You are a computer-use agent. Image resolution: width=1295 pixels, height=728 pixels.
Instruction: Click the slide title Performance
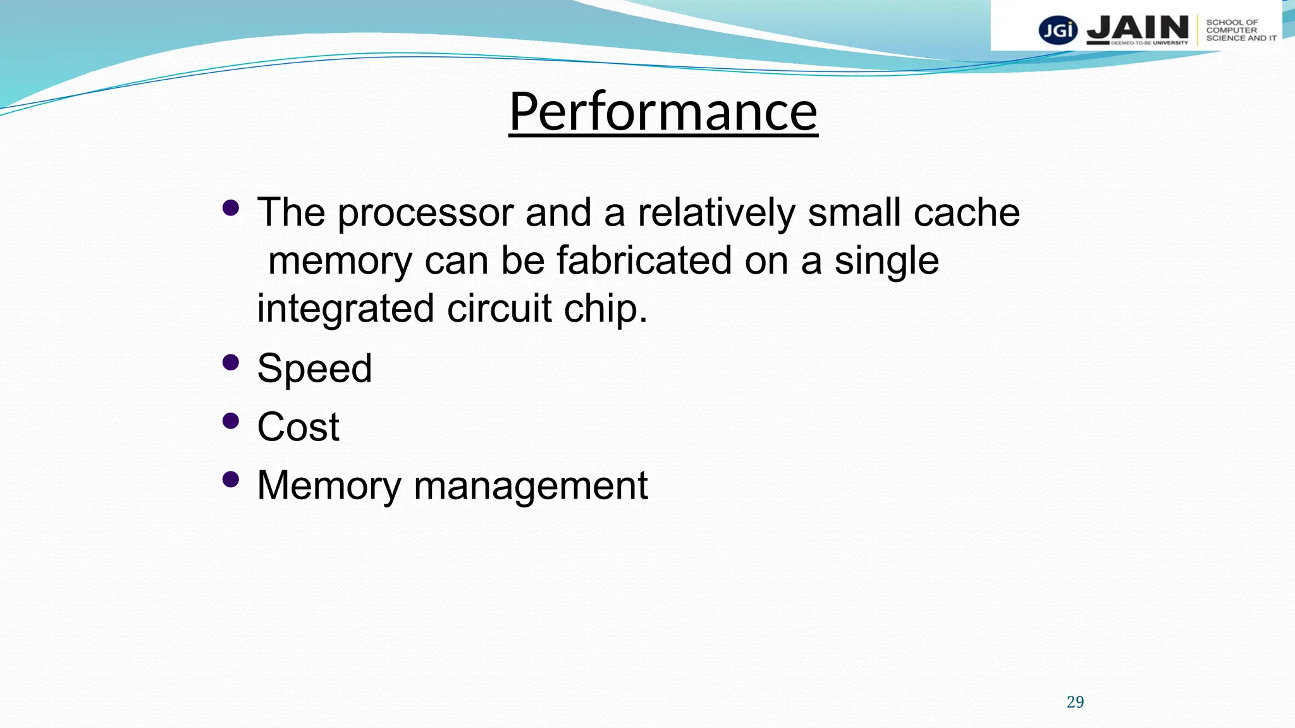[663, 112]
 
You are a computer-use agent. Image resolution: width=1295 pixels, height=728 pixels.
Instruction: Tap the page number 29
[1075, 702]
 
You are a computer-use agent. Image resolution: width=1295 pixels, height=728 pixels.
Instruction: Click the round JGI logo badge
[1058, 30]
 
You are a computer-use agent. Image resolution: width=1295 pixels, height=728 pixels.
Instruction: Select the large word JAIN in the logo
[1138, 28]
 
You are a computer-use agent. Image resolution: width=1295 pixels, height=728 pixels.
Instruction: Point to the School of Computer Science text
[1241, 30]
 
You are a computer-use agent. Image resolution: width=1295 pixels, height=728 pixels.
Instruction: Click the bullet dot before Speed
[231, 362]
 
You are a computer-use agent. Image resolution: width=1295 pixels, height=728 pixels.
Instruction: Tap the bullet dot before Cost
[231, 421]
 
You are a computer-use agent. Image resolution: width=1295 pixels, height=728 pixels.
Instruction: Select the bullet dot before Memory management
[231, 480]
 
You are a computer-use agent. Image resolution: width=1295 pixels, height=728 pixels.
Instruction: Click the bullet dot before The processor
[231, 207]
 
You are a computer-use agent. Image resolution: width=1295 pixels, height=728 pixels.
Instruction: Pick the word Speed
[314, 368]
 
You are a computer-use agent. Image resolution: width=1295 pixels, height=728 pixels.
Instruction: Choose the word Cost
[298, 427]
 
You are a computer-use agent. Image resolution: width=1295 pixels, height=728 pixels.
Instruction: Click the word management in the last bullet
[531, 486]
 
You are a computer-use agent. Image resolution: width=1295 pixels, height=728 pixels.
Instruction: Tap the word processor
[425, 213]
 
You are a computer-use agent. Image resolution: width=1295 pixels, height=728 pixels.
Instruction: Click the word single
[887, 261]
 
